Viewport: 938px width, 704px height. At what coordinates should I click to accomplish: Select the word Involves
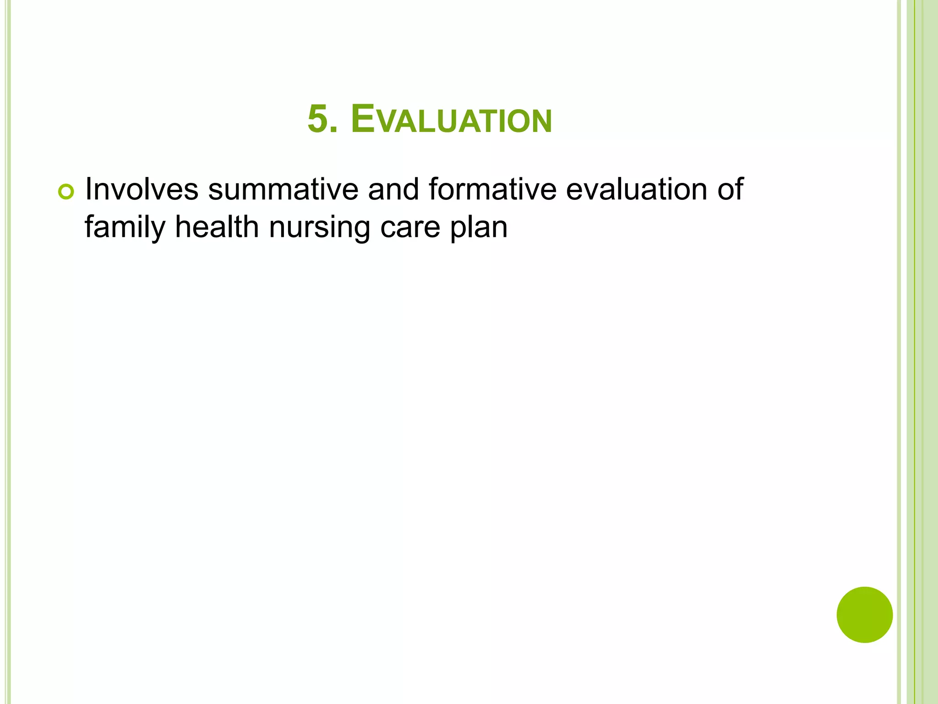tap(142, 189)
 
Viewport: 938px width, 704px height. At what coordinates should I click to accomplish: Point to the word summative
tap(283, 189)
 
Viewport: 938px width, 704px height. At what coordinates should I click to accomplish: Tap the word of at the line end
tap(730, 189)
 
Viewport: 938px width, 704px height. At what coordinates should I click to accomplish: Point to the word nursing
tap(319, 227)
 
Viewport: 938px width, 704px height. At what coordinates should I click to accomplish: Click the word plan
tap(479, 227)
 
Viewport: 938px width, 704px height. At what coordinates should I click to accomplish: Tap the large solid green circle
tap(864, 615)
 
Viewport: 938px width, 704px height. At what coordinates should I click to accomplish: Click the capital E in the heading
tap(363, 119)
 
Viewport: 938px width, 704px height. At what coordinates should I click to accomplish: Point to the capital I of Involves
tap(88, 189)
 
